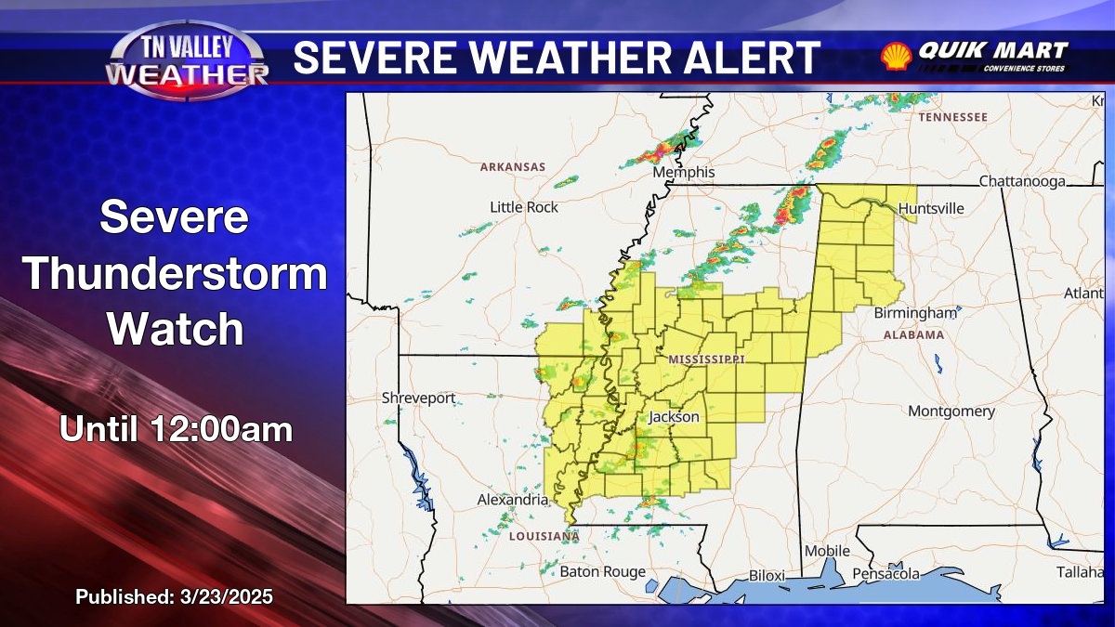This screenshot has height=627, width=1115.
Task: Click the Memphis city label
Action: click(683, 173)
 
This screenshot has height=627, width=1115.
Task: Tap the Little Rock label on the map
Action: click(524, 207)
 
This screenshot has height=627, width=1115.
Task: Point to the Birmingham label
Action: click(914, 313)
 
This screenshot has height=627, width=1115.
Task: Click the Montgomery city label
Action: click(951, 411)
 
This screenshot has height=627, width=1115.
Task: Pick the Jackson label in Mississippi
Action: click(674, 417)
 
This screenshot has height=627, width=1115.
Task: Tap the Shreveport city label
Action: click(418, 398)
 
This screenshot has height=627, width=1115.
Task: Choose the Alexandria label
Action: click(513, 500)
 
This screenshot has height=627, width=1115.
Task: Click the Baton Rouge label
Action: click(602, 572)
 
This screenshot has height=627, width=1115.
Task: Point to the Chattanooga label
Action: click(1021, 181)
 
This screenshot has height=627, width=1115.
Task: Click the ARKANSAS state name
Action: click(513, 167)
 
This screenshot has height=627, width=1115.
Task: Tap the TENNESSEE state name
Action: click(952, 117)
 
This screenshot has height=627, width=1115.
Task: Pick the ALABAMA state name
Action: click(913, 334)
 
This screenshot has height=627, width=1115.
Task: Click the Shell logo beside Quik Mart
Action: click(896, 56)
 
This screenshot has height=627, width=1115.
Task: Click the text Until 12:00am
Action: click(176, 429)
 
